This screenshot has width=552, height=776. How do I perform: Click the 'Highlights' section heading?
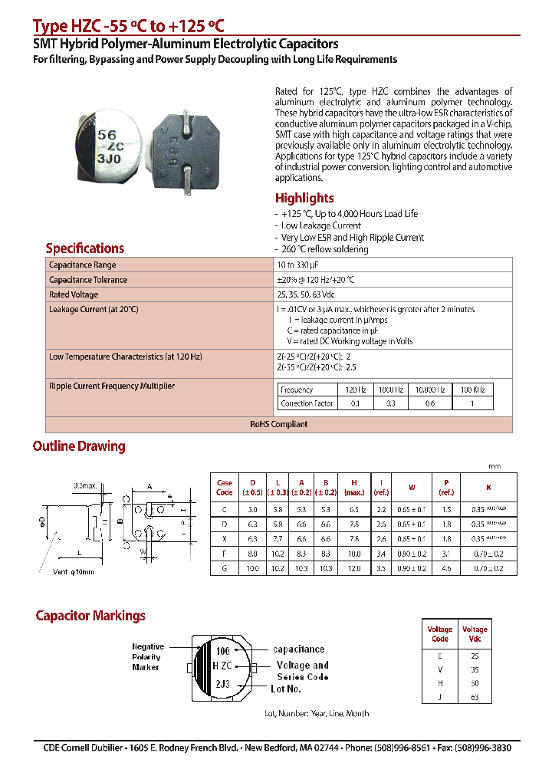coord(304,198)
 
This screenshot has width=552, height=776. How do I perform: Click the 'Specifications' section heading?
coord(84,248)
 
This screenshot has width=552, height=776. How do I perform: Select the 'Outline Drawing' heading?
coord(78,446)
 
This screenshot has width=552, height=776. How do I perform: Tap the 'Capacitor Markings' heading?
coord(90,616)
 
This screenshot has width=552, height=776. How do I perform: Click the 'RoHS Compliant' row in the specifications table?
coord(279,424)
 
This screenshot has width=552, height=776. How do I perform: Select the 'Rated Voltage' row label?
coord(74,294)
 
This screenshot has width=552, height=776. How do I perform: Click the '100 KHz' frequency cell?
coord(472,390)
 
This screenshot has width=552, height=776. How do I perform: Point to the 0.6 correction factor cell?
coord(430,403)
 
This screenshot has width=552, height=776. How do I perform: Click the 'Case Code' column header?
coord(225,488)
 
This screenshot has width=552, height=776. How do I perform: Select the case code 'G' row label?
coord(225,568)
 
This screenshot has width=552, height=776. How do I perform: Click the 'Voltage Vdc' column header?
coord(475,634)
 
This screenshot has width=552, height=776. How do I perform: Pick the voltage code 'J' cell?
coord(440,697)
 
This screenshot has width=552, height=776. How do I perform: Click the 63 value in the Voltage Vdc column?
coord(475,697)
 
